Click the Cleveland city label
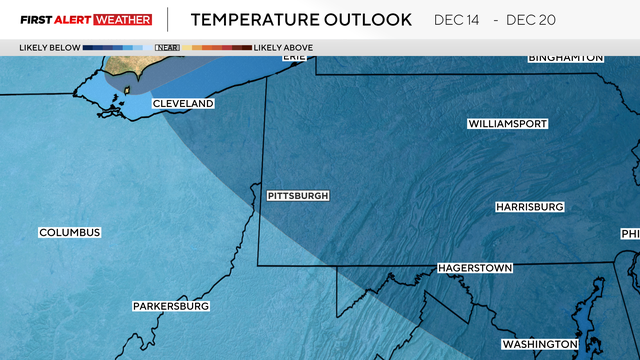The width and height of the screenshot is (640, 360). click(183, 104)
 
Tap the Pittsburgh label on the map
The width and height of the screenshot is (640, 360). click(298, 196)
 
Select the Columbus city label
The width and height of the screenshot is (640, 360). click(70, 233)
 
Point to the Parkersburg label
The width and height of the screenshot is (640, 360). click(171, 306)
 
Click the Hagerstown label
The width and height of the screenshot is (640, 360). click(475, 269)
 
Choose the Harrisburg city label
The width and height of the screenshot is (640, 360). click(530, 207)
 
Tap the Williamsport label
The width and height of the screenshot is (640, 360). click(507, 124)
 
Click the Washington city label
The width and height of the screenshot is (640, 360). click(539, 344)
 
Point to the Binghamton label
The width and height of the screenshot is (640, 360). click(566, 58)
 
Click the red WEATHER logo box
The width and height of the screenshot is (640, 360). click(124, 19)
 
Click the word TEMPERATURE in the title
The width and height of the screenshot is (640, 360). click(255, 19)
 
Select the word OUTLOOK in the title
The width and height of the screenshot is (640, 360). click(369, 19)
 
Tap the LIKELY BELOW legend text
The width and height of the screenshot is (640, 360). click(49, 47)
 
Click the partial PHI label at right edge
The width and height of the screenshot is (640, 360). click(630, 234)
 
